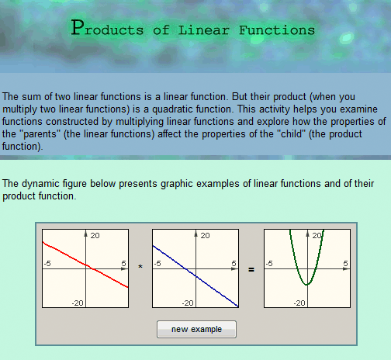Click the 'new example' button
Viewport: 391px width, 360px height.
pos(196,329)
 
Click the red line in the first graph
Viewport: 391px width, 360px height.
pos(85,265)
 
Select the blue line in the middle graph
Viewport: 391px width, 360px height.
pos(195,276)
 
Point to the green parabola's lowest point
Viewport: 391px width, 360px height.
pos(307,285)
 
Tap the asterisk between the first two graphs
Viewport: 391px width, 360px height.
pos(140,267)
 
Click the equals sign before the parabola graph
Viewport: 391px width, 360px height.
pos(251,270)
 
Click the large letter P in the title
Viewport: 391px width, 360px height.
pos(78,27)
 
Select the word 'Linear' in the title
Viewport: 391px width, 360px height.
pos(204,30)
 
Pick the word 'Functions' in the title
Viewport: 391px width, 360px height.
pos(277,30)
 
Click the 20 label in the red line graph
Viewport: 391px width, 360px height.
pos(95,235)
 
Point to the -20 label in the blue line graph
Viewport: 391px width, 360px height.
pos(188,303)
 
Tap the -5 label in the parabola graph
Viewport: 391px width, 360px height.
pos(269,263)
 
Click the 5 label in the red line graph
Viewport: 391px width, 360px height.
pos(123,263)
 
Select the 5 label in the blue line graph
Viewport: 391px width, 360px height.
pos(234,263)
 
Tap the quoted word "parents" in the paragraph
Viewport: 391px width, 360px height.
pos(40,134)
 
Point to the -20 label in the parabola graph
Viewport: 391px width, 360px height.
pos(299,303)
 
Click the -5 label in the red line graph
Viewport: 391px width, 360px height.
pos(47,263)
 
